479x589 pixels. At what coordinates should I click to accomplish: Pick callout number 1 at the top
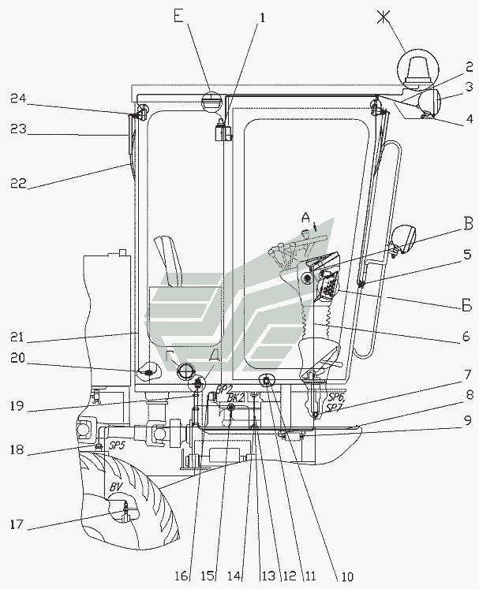[263, 15]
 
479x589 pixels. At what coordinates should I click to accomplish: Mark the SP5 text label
[118, 445]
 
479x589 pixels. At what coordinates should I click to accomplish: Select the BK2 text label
[234, 400]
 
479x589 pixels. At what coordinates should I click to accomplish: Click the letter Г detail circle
[186, 370]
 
